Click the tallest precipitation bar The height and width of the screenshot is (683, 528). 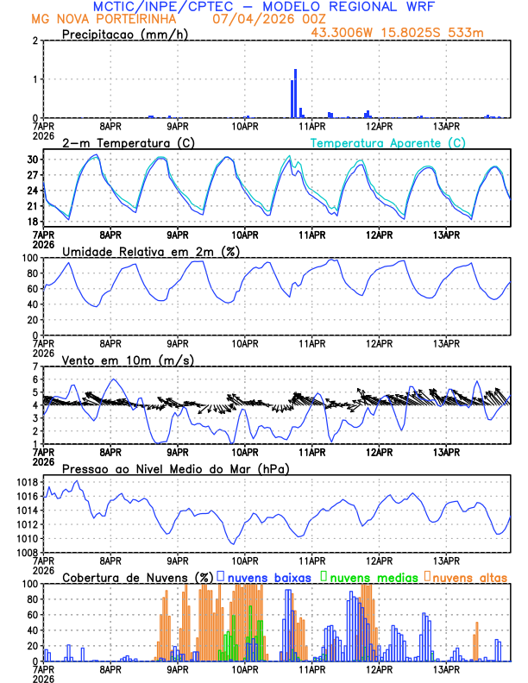point(295,93)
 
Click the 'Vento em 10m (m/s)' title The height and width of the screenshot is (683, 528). point(116,360)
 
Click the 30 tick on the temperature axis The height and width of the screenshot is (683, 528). point(31,160)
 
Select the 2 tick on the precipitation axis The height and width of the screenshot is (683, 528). point(35,41)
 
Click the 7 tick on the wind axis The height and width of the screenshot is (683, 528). point(35,366)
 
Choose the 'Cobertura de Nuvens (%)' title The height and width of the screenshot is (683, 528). point(138,577)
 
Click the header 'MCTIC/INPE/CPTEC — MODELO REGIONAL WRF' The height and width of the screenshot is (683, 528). point(264,6)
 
